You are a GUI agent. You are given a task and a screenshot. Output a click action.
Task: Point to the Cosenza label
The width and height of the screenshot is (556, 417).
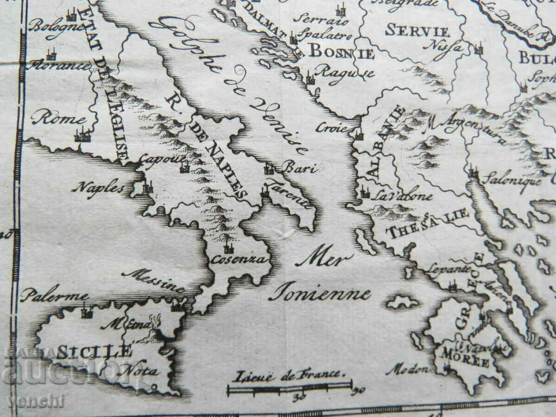point(239,259)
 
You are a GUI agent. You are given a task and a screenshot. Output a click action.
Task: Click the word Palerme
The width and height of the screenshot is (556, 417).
point(54,295)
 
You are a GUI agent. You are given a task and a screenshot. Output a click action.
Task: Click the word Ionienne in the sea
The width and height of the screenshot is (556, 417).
point(320,293)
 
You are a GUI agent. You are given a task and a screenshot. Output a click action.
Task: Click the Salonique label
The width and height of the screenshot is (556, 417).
point(511,179)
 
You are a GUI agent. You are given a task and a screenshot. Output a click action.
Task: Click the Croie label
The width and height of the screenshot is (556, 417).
point(332,128)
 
